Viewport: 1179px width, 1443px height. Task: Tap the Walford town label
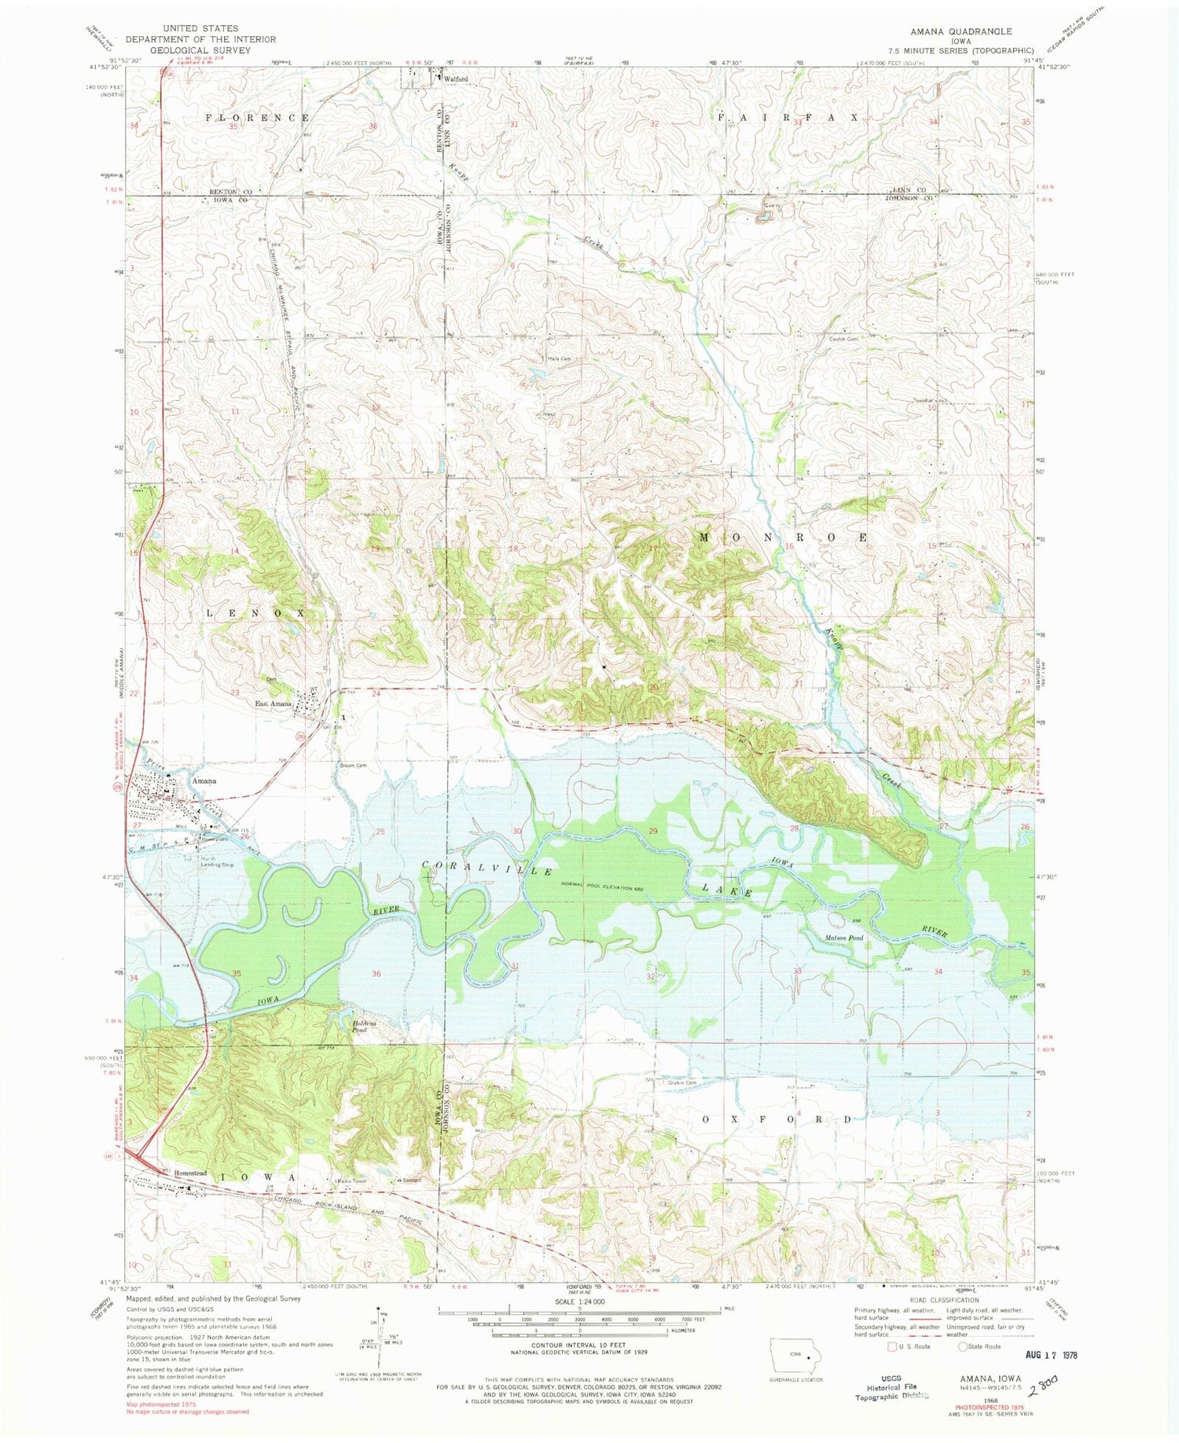click(x=457, y=79)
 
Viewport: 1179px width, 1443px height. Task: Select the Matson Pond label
click(x=845, y=938)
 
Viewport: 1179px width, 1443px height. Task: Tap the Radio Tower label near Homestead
click(x=351, y=1180)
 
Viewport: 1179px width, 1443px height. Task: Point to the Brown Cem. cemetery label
click(x=353, y=765)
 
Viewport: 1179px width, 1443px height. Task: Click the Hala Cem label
click(x=559, y=359)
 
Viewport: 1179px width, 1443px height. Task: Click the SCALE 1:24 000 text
click(x=579, y=1302)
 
